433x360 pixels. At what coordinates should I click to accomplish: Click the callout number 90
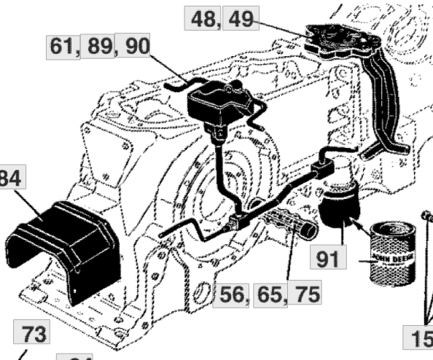(x=135, y=47)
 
